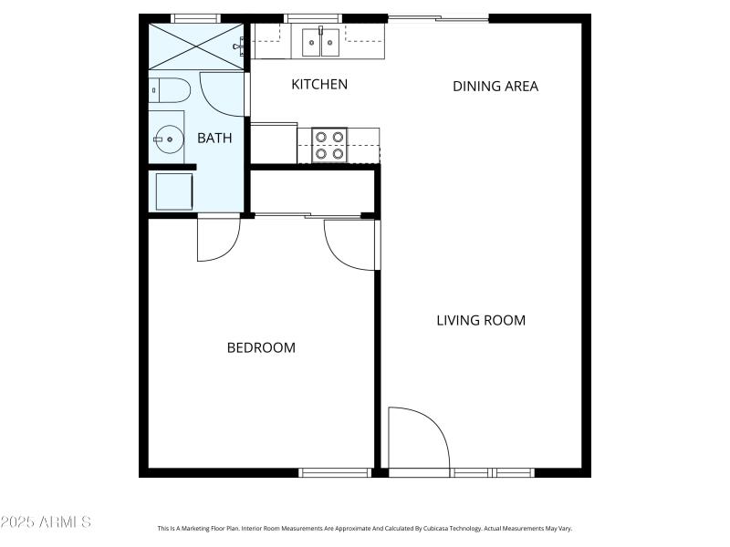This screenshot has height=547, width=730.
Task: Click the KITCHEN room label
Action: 318,85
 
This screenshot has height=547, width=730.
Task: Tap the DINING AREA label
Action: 495,87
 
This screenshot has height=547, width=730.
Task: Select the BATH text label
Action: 214,139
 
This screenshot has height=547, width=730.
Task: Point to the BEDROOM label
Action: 261,347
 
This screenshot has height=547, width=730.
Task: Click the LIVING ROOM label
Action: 481,320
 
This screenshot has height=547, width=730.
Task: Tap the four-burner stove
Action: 330,145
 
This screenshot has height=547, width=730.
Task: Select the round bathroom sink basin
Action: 167,140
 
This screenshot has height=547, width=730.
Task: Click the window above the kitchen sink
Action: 312,18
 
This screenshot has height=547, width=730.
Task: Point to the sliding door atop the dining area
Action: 437,18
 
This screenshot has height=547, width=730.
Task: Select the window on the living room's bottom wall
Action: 492,472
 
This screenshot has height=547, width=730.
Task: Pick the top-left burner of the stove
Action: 321,137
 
